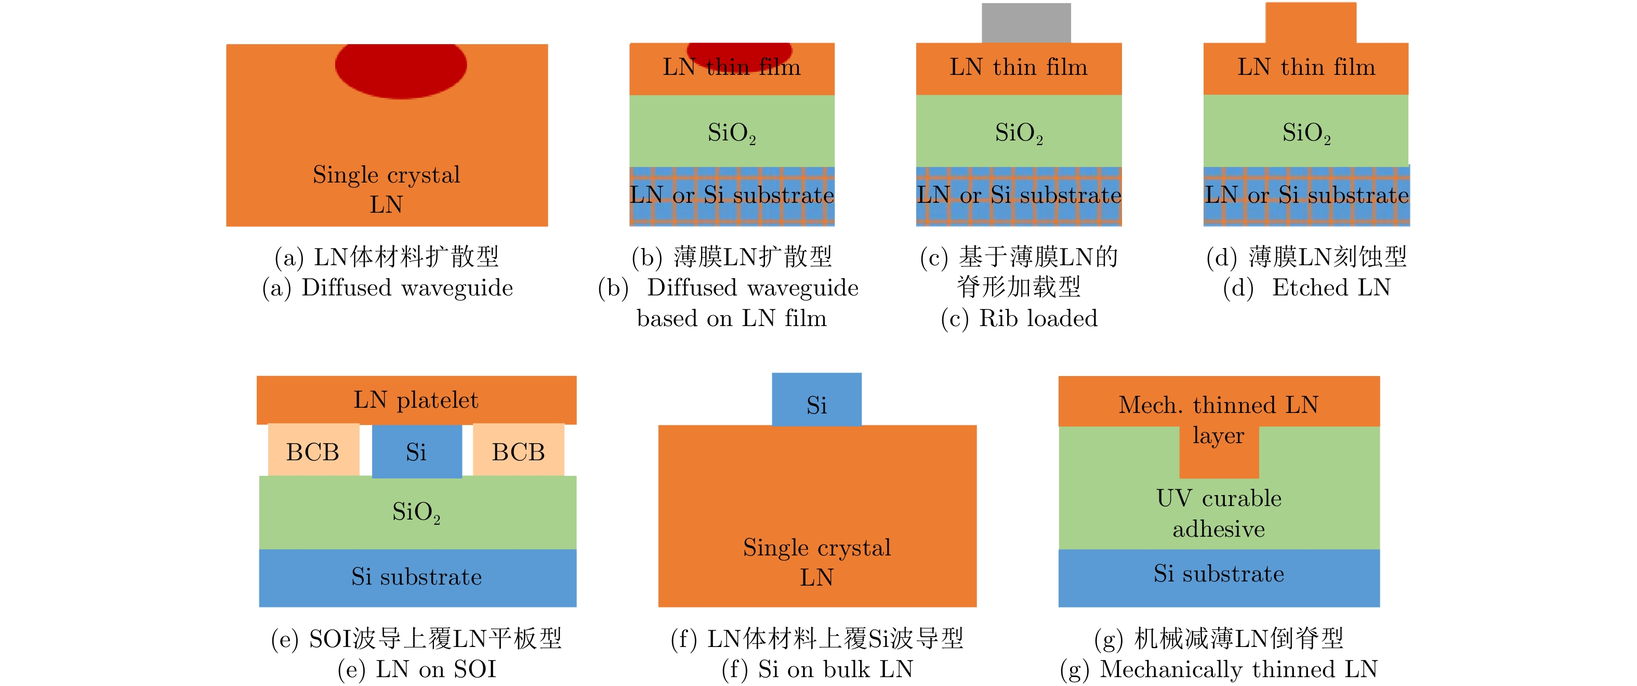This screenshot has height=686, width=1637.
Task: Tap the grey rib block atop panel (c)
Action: pyautogui.click(x=1026, y=23)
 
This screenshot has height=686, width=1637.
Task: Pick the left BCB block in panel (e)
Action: pyautogui.click(x=313, y=451)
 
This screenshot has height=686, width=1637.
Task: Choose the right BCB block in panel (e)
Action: pyautogui.click(x=519, y=451)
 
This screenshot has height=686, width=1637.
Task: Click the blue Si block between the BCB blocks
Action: pyautogui.click(x=416, y=451)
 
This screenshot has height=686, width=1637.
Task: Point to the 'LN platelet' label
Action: pyautogui.click(x=416, y=400)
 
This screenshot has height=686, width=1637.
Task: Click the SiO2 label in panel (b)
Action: pyautogui.click(x=732, y=133)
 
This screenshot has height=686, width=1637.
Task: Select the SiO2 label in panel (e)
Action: pyautogui.click(x=416, y=512)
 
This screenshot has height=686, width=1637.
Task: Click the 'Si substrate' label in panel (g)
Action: pyautogui.click(x=1218, y=574)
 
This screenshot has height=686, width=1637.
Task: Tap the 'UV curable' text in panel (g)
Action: pyautogui.click(x=1218, y=498)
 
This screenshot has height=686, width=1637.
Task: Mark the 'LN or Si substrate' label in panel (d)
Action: pyautogui.click(x=1306, y=195)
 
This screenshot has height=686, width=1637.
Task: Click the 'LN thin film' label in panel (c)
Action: pyautogui.click(x=1018, y=67)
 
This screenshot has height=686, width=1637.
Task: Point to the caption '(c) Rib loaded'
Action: pyautogui.click(x=1019, y=318)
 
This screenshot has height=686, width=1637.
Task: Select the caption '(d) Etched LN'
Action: pyautogui.click(x=1306, y=288)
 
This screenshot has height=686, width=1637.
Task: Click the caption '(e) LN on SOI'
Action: pyautogui.click(x=416, y=669)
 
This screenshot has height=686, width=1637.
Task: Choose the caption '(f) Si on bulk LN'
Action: pyautogui.click(x=817, y=669)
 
